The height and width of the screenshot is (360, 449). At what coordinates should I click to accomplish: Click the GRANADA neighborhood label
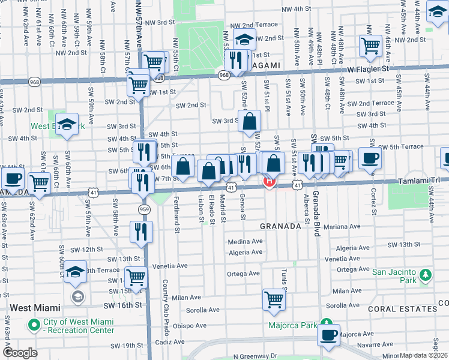(x=280, y=226)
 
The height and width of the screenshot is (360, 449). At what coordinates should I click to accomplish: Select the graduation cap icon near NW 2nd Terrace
(x=244, y=40)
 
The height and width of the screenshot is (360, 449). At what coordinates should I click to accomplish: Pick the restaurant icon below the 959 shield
(x=141, y=231)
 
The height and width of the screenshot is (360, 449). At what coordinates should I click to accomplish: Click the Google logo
(x=20, y=353)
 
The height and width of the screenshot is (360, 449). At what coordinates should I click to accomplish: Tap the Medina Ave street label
(x=245, y=242)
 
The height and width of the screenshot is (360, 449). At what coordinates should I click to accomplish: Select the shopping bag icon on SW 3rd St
(x=249, y=121)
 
